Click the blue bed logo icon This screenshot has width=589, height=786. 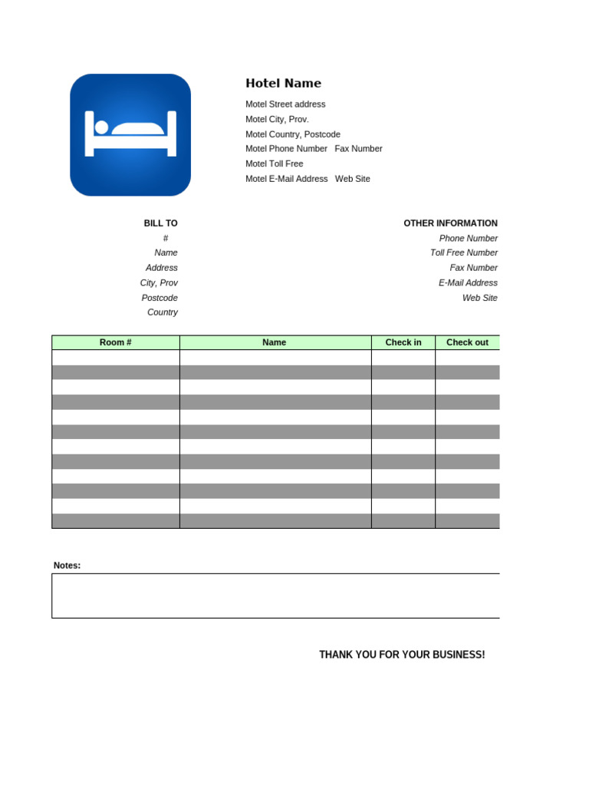click(130, 134)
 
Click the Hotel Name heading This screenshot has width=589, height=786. click(283, 84)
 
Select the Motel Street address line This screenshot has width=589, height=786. click(285, 104)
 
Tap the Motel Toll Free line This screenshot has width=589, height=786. click(274, 163)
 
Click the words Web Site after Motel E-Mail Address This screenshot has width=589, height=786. click(352, 179)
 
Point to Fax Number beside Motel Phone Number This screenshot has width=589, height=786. click(358, 149)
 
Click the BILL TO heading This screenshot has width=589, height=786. click(160, 223)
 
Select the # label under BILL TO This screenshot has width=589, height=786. click(166, 238)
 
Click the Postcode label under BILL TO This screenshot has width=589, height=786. click(160, 298)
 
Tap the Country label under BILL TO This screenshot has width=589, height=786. click(163, 312)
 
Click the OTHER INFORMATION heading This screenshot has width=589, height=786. click(450, 223)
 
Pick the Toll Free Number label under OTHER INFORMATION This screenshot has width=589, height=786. click(463, 253)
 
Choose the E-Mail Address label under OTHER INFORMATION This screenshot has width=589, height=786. click(468, 282)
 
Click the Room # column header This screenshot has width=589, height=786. click(116, 342)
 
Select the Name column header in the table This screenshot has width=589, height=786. click(274, 342)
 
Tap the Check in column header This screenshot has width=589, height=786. click(403, 342)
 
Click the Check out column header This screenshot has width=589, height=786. click(467, 342)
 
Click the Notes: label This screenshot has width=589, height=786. click(67, 566)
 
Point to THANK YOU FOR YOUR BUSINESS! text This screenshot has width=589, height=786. click(402, 655)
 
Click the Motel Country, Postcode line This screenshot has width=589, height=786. click(293, 134)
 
